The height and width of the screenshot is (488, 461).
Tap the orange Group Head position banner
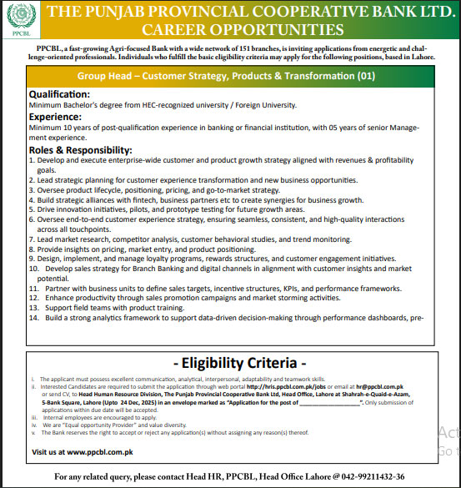point(227,98)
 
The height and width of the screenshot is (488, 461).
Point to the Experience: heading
point(60,141)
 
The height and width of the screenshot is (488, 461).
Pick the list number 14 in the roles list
point(34,318)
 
